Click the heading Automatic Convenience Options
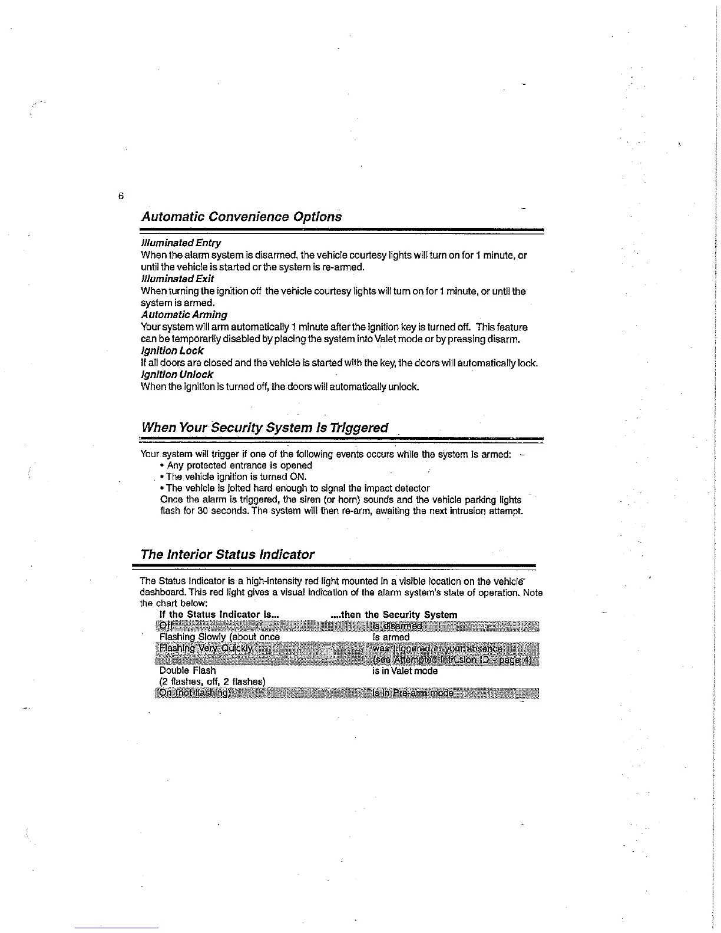click(241, 216)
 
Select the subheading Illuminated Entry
click(181, 243)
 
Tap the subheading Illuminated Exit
click(177, 279)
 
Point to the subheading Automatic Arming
click(184, 315)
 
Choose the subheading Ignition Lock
click(172, 350)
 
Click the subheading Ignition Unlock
click(177, 375)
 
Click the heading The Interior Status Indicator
click(227, 554)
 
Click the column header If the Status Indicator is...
click(219, 614)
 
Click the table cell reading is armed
click(391, 637)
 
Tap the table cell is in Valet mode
click(405, 670)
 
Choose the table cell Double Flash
click(188, 670)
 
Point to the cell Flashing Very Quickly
click(206, 649)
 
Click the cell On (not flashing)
click(195, 693)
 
